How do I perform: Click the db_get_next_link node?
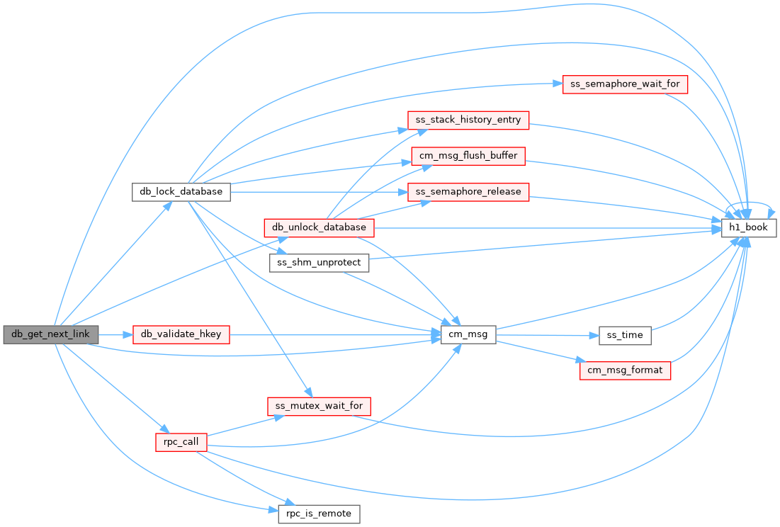coord(51,334)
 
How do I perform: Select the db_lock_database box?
coord(181,192)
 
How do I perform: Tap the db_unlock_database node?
coord(319,227)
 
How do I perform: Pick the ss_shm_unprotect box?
coord(319,263)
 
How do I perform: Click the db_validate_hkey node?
coord(181,334)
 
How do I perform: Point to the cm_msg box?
coord(468,334)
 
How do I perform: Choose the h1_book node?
coord(749,227)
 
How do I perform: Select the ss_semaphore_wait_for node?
coord(625,84)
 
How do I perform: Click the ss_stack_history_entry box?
coord(468,120)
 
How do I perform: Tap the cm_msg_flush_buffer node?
coord(468,156)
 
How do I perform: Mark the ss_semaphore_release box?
coord(468,192)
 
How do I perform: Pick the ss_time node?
coord(625,336)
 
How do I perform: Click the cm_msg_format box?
coord(625,370)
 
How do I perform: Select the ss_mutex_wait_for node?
coord(319,406)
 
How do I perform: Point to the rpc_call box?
coord(181,442)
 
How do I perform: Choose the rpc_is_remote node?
coord(319,514)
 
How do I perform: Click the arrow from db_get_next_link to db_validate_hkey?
coord(115,334)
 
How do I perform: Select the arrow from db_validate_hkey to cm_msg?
coord(335,334)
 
